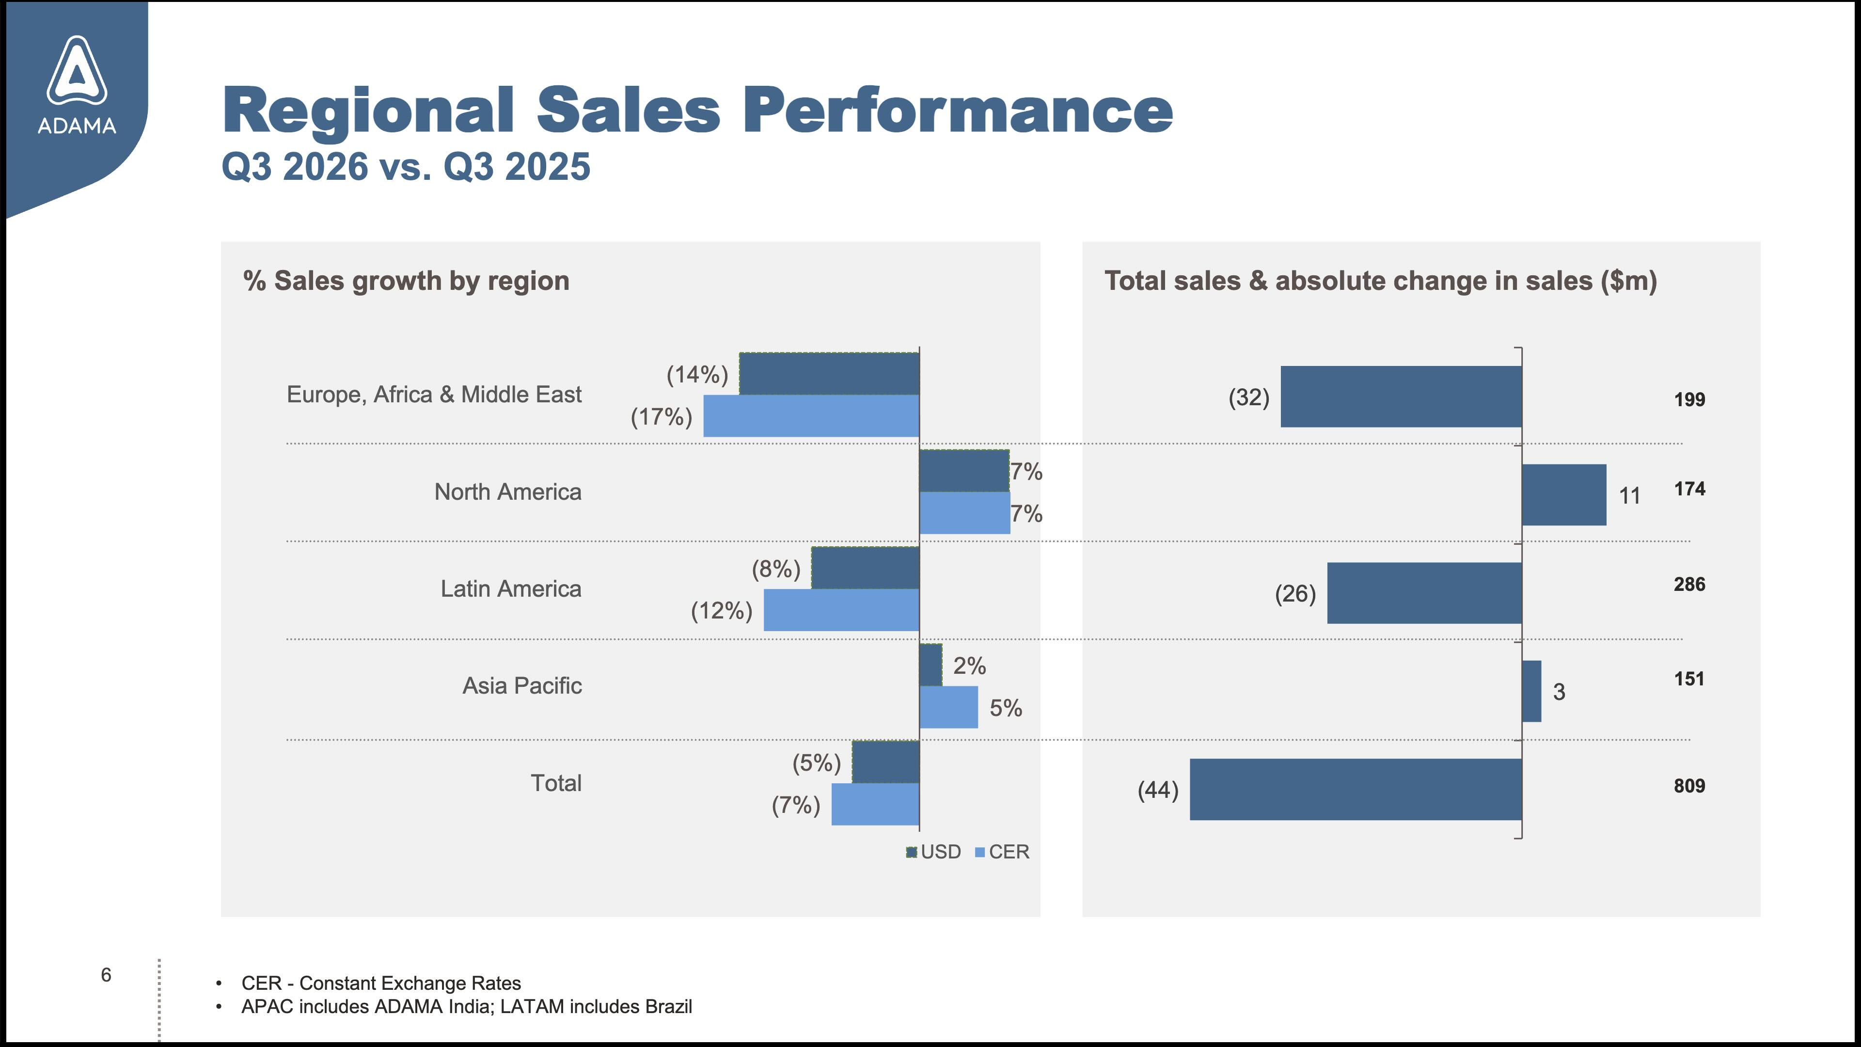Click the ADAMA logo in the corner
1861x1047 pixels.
coord(77,85)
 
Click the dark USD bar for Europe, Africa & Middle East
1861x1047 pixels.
coord(829,374)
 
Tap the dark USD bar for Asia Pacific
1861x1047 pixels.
coord(930,665)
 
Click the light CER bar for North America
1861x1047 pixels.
coord(964,513)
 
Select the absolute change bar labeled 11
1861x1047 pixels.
coord(1564,495)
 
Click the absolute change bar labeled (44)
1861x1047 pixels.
coord(1356,789)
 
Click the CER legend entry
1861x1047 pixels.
coord(1002,852)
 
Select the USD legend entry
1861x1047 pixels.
coord(933,852)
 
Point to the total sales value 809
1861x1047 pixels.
coord(1689,785)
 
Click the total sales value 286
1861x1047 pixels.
coord(1689,584)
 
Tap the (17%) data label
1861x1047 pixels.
coord(661,416)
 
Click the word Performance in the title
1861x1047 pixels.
coord(958,110)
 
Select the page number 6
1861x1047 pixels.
coord(106,975)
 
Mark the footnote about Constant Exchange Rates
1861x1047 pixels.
coord(381,984)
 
